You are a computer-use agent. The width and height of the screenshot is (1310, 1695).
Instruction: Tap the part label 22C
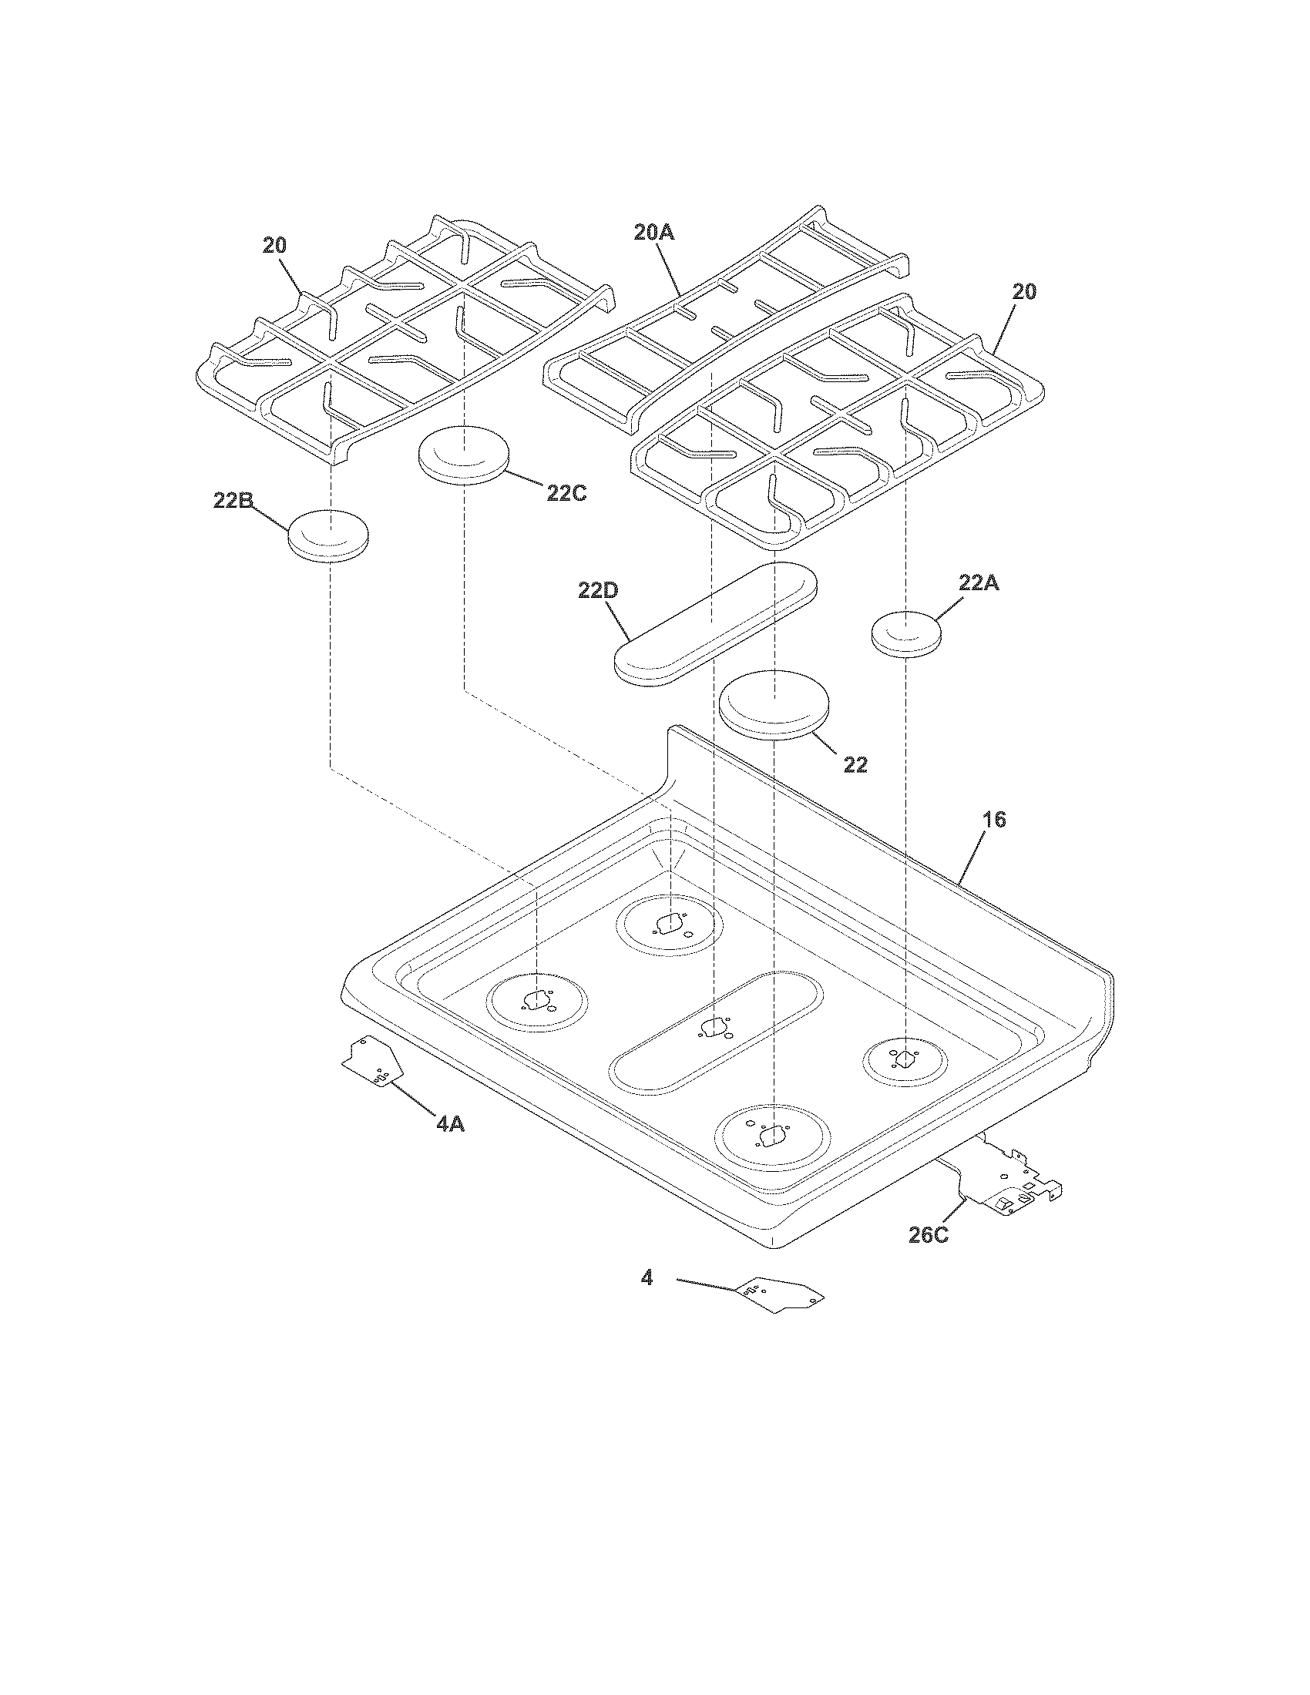[566, 492]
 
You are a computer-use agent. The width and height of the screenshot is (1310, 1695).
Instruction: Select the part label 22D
[598, 591]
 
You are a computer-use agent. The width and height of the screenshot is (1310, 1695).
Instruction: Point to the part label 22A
[979, 584]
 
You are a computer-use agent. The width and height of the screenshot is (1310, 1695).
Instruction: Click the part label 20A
[653, 232]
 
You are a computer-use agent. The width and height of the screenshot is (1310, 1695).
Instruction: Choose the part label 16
[994, 820]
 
